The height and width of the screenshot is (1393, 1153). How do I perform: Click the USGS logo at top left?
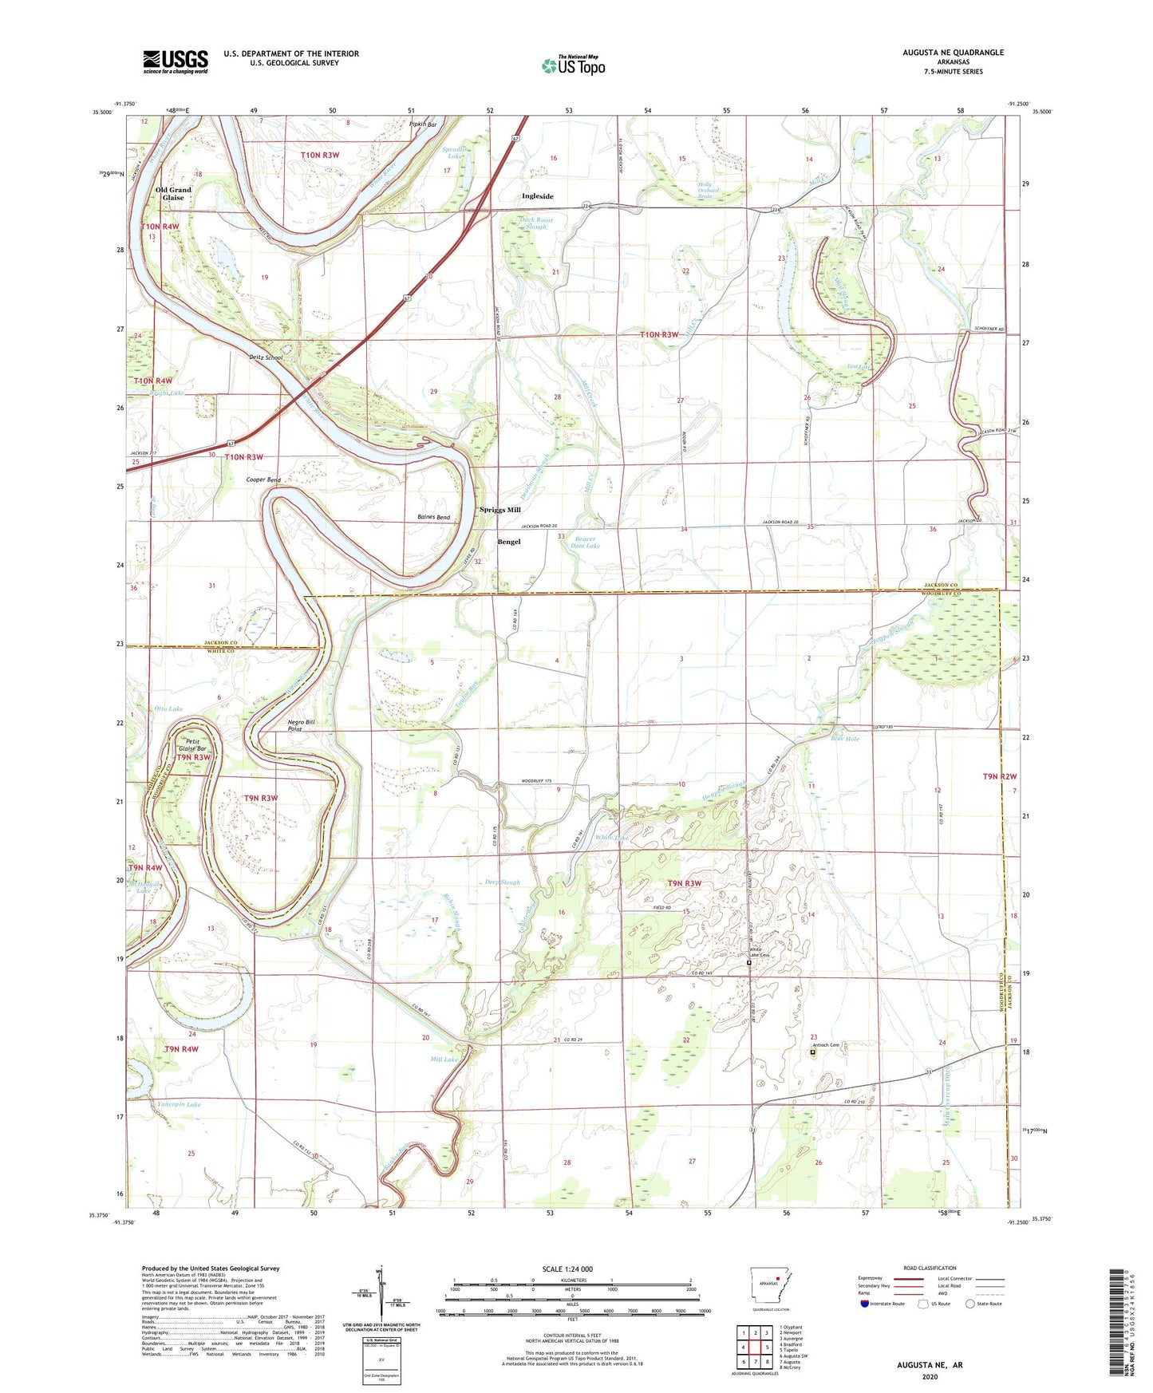pyautogui.click(x=175, y=61)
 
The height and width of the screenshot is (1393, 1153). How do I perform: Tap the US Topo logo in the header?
pyautogui.click(x=572, y=66)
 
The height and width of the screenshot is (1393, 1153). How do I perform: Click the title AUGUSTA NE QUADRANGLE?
pyautogui.click(x=953, y=53)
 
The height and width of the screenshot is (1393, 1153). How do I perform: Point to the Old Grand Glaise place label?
pyautogui.click(x=173, y=194)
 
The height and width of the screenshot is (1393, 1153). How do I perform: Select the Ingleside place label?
pyautogui.click(x=537, y=196)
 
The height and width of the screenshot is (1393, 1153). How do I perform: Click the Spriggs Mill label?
pyautogui.click(x=500, y=510)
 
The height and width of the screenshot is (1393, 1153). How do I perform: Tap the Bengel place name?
pyautogui.click(x=508, y=542)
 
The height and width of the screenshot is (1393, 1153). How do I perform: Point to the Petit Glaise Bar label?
pyautogui.click(x=191, y=745)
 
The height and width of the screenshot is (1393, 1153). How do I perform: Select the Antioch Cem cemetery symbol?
pyautogui.click(x=812, y=1052)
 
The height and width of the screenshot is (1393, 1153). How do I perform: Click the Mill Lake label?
pyautogui.click(x=444, y=1060)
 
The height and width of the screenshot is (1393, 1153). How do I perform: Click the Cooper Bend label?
pyautogui.click(x=263, y=480)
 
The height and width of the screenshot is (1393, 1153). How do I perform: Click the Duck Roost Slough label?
pyautogui.click(x=535, y=223)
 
